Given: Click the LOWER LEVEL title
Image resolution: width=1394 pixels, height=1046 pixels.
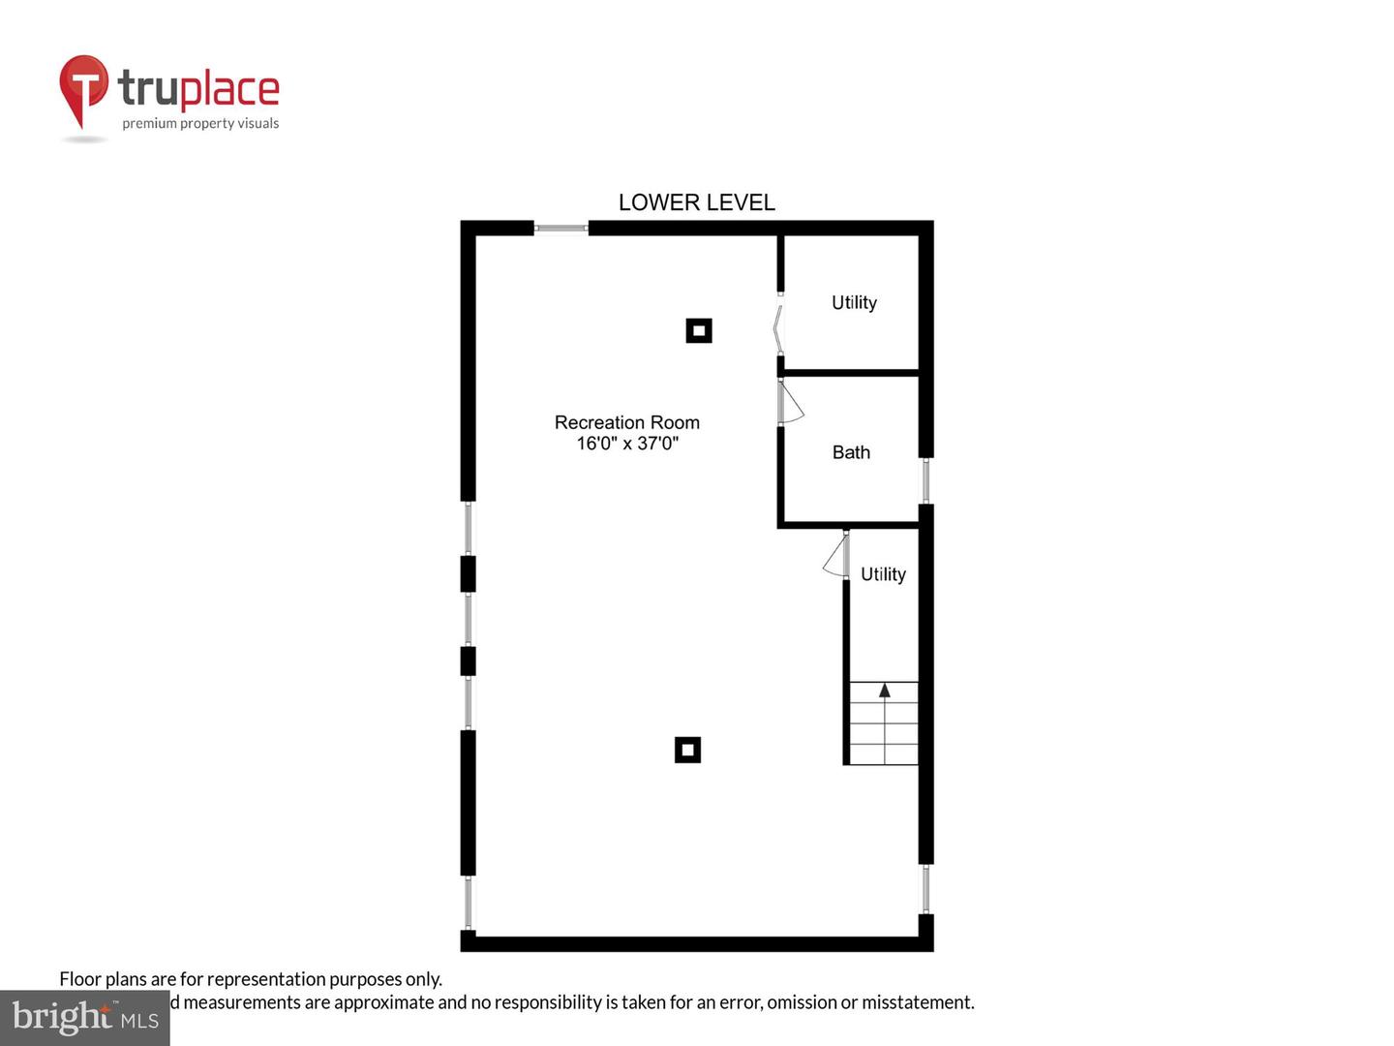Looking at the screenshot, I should pyautogui.click(x=696, y=202).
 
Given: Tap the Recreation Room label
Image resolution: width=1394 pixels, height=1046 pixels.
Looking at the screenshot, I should pyautogui.click(x=626, y=422).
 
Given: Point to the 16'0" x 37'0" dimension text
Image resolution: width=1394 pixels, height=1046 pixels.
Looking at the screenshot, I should pyautogui.click(x=627, y=444).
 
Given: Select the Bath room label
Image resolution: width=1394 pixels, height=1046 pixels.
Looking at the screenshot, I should pyautogui.click(x=851, y=452).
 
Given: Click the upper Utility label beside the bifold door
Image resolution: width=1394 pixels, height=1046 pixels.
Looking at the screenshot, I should pyautogui.click(x=854, y=302).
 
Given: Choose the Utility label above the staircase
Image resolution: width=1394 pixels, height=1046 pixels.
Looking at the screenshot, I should pyautogui.click(x=883, y=574).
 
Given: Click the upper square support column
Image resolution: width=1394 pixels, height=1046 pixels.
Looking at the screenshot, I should pyautogui.click(x=699, y=330).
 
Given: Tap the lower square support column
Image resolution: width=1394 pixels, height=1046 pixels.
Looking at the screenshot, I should pyautogui.click(x=687, y=750).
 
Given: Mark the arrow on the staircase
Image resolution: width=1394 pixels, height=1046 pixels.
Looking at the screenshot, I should pyautogui.click(x=884, y=691).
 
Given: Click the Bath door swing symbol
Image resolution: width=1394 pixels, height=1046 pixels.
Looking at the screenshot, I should pyautogui.click(x=791, y=402).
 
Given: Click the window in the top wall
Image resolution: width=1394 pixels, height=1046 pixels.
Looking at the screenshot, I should pyautogui.click(x=561, y=229).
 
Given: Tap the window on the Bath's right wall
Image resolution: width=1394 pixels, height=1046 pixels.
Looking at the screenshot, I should pyautogui.click(x=925, y=480).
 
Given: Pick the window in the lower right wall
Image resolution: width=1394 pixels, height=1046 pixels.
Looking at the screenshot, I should pyautogui.click(x=925, y=889).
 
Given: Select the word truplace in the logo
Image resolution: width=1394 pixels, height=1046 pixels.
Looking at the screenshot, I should pyautogui.click(x=198, y=89).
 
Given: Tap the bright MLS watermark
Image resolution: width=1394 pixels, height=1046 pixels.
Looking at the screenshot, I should pyautogui.click(x=84, y=1017).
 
